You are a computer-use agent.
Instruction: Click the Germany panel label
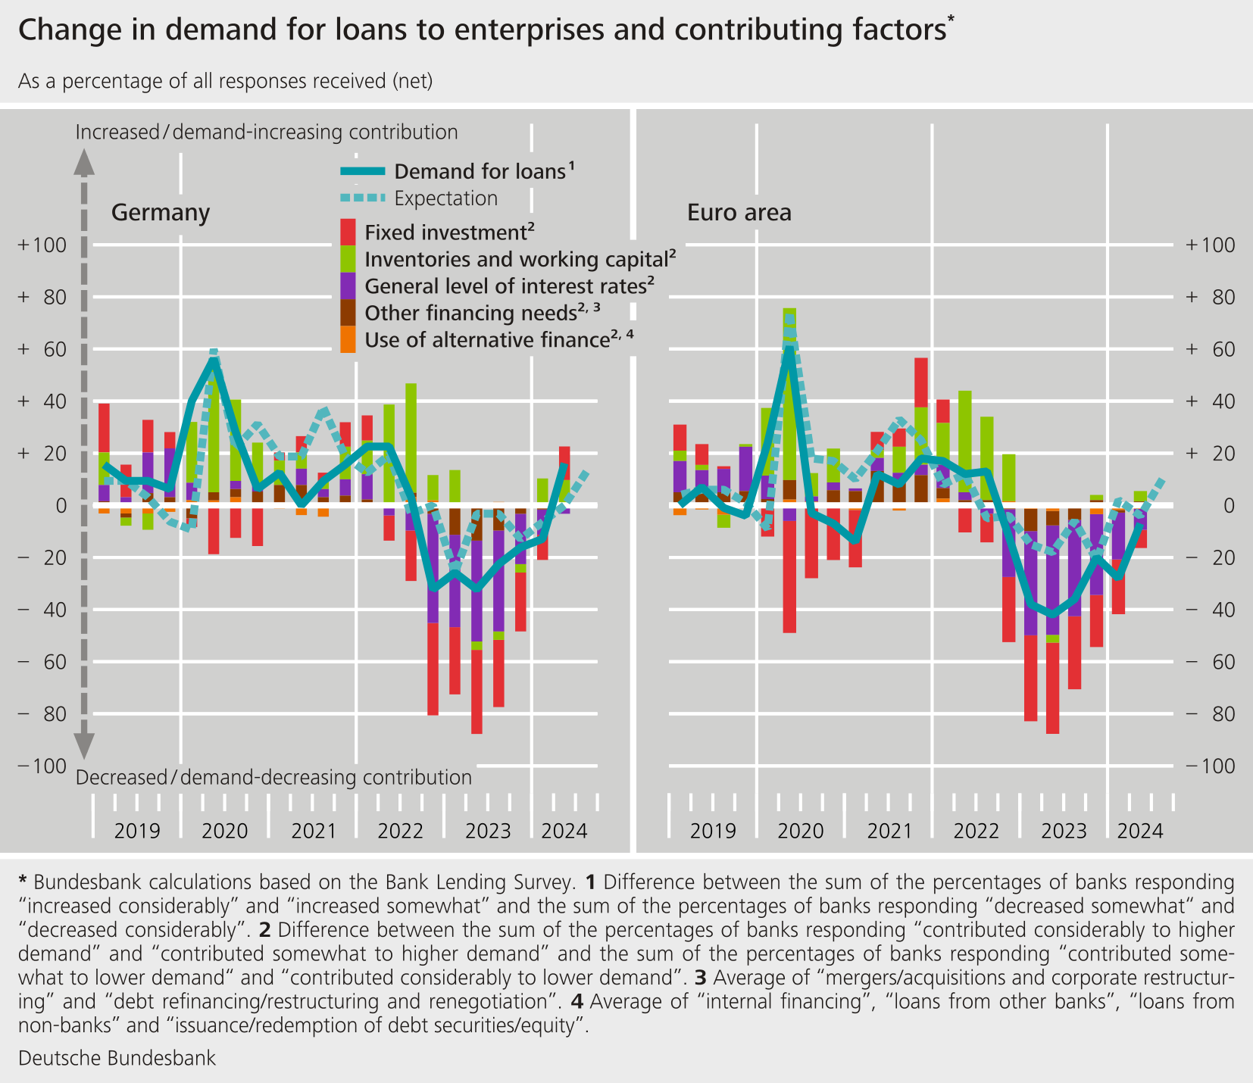click(160, 213)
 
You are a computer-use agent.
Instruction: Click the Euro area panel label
click(739, 213)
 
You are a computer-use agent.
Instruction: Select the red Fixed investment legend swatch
click(348, 232)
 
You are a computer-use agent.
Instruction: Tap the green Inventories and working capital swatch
click(348, 259)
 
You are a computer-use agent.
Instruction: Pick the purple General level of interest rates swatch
click(348, 286)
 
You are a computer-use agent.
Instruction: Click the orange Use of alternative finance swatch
click(348, 340)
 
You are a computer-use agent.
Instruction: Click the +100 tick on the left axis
click(43, 245)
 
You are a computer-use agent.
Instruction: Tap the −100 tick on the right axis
click(1210, 766)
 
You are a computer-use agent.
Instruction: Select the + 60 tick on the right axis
click(1210, 349)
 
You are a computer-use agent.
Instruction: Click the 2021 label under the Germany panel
click(314, 832)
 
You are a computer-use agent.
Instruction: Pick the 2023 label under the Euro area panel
click(1064, 832)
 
